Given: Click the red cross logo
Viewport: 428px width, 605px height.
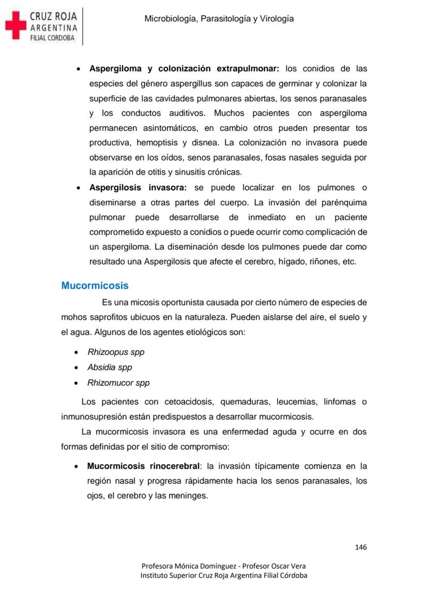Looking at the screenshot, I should [x=16, y=26].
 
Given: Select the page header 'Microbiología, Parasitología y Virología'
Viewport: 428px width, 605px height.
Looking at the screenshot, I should [x=219, y=19].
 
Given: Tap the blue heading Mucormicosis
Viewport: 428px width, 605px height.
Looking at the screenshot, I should [x=95, y=285].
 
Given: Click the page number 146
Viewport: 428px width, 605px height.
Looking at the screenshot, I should [x=361, y=547].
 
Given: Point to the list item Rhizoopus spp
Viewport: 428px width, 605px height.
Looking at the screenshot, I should [x=116, y=352].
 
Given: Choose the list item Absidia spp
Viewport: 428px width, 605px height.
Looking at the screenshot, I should [x=110, y=368].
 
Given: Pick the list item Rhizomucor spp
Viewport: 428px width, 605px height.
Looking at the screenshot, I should [x=118, y=383].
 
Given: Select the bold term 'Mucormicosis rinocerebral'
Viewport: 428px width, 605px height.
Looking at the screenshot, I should [x=143, y=466].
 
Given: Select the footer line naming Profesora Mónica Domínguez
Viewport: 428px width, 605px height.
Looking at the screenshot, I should [x=224, y=566].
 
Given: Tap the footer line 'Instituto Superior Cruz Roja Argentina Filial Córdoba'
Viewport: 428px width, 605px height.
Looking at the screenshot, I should [x=224, y=575].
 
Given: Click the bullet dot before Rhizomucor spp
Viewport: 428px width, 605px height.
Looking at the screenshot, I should [x=77, y=384].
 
